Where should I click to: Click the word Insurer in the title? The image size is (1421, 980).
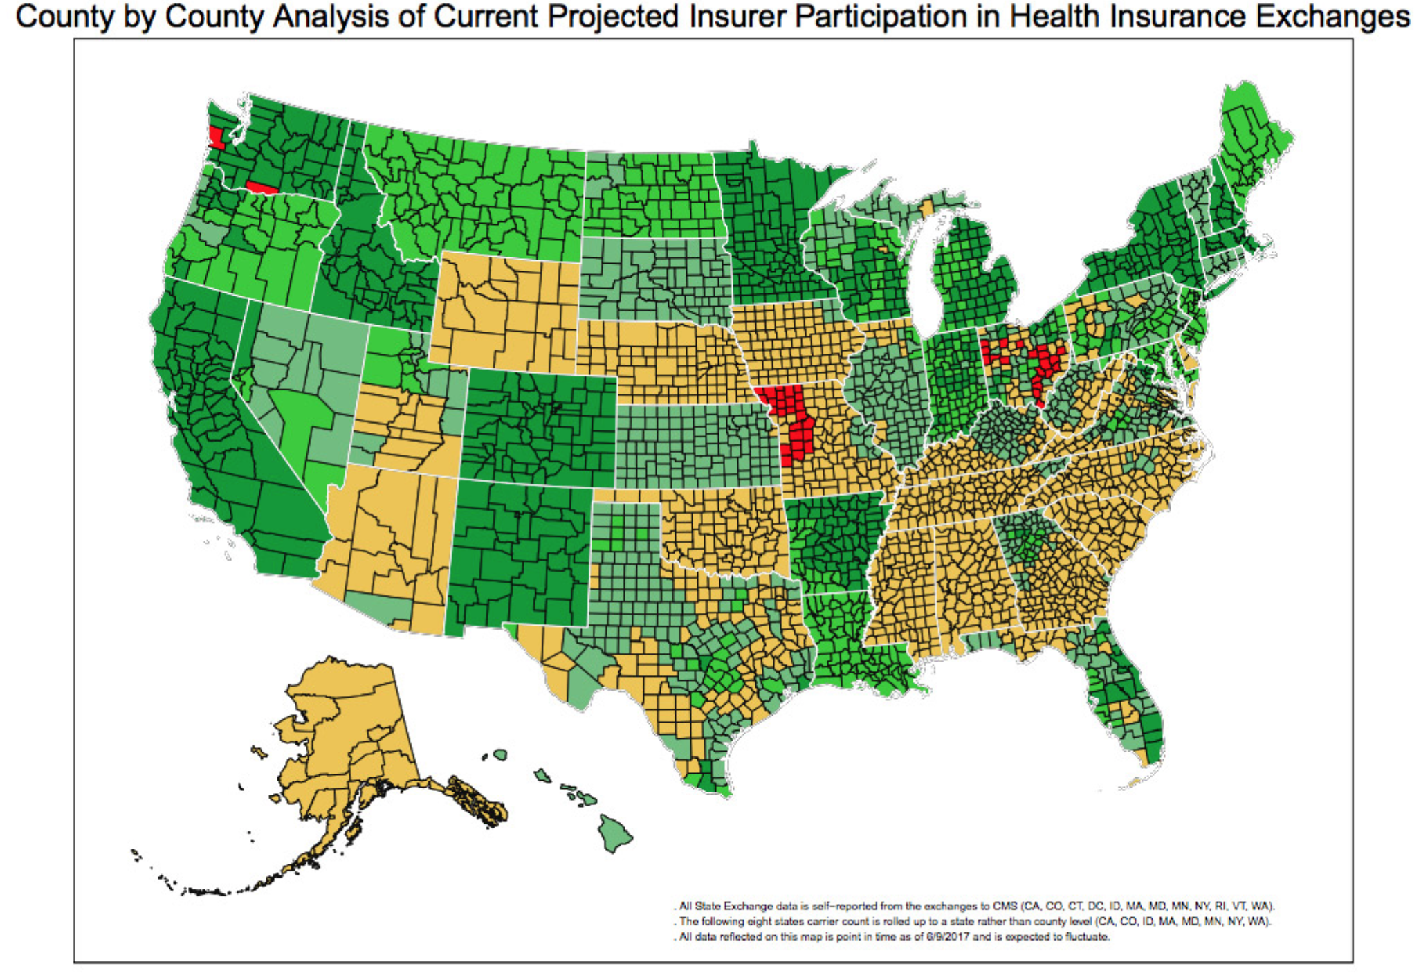click(739, 17)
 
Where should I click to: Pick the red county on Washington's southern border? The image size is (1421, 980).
click(262, 188)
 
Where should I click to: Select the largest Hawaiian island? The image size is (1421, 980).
click(615, 832)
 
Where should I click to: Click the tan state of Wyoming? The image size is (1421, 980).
click(505, 311)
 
